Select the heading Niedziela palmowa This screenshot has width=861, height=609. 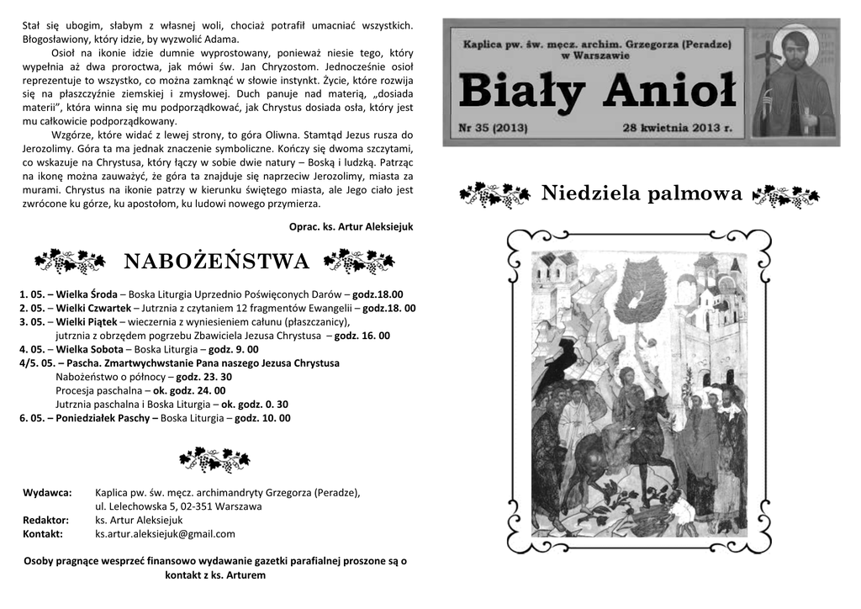642,194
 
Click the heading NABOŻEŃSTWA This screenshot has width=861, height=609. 217,262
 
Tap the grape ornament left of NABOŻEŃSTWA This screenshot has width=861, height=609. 70,262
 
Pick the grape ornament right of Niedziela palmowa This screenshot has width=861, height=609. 785,195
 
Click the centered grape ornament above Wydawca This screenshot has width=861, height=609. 215,459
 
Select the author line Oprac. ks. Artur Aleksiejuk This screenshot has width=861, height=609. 351,227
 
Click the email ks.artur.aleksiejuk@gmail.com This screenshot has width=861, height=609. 165,533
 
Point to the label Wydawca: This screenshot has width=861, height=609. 47,493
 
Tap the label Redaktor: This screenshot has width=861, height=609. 45,520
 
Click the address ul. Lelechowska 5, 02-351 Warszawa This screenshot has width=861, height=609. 178,506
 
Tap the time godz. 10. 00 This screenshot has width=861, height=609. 262,417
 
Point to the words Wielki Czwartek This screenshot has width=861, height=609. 92,308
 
